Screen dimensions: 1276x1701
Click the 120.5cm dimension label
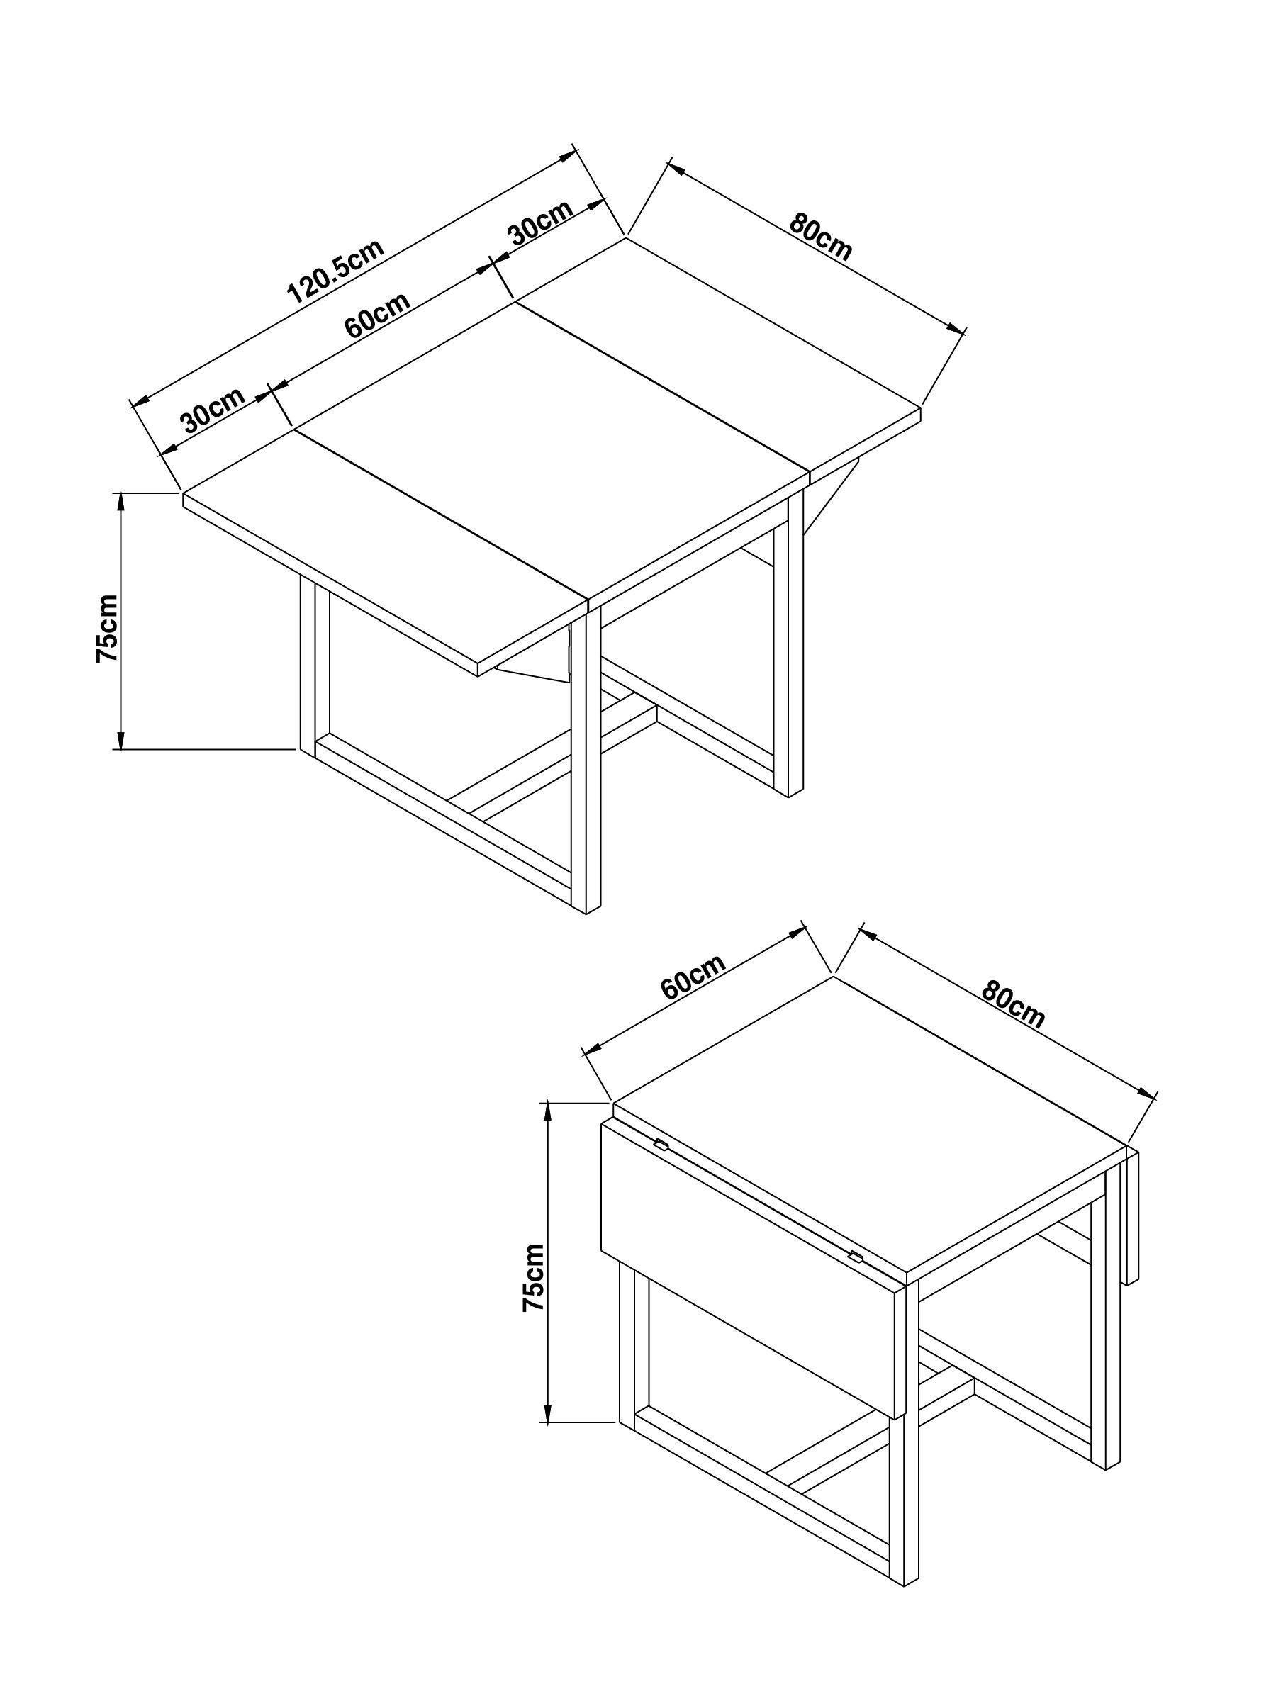coord(335,271)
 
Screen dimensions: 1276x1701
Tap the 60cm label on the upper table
coord(377,315)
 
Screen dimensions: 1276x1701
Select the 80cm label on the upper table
coord(821,237)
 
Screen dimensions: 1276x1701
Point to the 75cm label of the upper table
coord(107,628)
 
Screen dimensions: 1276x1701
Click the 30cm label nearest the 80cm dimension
coord(540,223)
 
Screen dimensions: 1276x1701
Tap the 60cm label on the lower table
coord(692,977)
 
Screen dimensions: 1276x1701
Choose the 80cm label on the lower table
coord(1012,1005)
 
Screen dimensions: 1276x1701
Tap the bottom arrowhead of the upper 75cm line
coord(120,741)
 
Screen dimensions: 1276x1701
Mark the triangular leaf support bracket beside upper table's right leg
coord(831,495)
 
